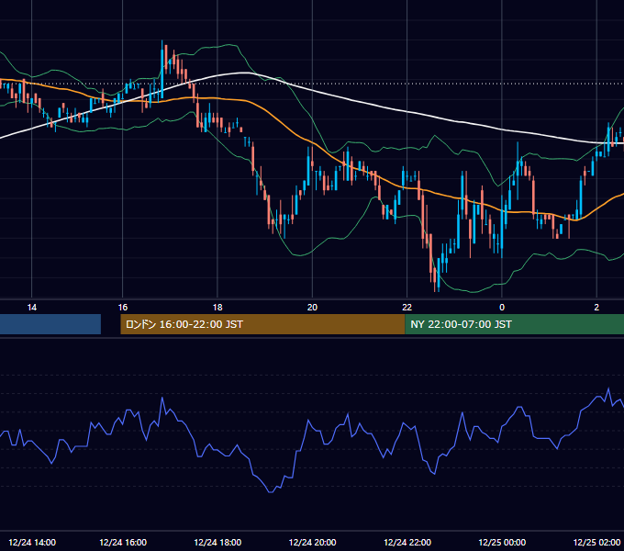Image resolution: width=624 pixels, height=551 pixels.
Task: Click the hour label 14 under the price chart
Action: point(32,308)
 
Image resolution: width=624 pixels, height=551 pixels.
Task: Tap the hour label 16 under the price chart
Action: point(123,308)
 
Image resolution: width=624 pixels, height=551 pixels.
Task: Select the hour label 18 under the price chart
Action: point(217,308)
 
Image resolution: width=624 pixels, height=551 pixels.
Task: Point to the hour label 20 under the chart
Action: point(312,308)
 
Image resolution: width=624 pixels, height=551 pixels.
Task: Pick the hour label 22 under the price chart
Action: point(407,308)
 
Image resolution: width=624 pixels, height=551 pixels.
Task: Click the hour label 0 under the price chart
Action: point(502,308)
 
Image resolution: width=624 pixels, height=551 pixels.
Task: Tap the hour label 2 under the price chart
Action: point(596,308)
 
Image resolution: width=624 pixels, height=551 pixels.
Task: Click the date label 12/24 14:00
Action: point(32,542)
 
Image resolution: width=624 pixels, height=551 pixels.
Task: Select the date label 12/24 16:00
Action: point(123,542)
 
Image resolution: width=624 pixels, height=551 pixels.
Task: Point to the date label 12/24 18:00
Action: point(217,542)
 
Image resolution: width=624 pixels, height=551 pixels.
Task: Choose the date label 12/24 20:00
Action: point(312,542)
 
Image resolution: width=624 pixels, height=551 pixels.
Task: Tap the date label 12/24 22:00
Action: point(407,542)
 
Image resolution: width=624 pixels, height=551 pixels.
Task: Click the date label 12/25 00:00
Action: point(502,542)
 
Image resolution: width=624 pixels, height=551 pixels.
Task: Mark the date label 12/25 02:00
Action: point(597,542)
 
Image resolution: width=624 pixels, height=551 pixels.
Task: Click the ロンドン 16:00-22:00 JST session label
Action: point(184,324)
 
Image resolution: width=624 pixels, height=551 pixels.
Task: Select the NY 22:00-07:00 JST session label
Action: point(462,324)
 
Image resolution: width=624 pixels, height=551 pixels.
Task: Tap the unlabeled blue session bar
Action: point(50,324)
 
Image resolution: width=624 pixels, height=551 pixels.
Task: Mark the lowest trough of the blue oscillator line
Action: point(271,492)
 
